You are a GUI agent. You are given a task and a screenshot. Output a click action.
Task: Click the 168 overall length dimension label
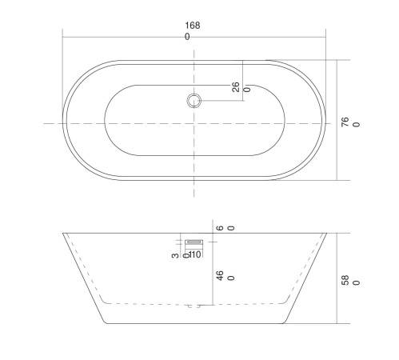[193, 26]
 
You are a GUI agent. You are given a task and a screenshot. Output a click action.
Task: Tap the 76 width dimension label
[345, 122]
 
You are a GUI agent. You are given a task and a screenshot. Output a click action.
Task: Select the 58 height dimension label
[345, 280]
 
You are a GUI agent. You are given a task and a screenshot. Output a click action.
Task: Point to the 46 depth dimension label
[220, 275]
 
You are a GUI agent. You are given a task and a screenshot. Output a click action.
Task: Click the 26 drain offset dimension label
[236, 87]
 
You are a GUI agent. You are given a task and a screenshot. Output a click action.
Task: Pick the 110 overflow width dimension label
[195, 254]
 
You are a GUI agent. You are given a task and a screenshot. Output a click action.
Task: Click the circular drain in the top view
[194, 101]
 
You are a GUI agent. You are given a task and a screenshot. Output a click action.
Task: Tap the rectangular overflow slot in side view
[194, 242]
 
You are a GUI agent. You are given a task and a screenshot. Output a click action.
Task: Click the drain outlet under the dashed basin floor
[194, 306]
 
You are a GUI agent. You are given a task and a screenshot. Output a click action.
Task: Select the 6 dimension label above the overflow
[220, 228]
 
